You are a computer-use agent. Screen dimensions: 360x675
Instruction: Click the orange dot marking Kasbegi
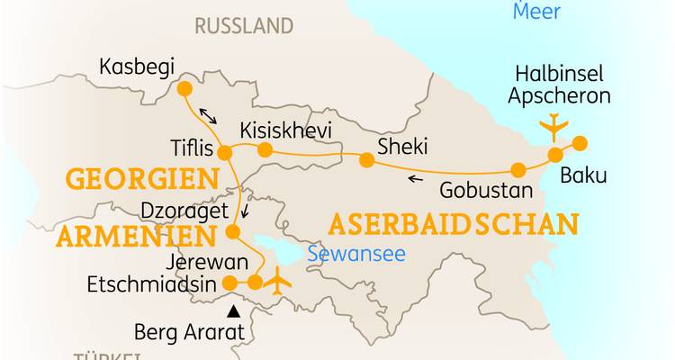pyautogui.click(x=184, y=88)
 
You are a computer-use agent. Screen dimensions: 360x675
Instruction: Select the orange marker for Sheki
pyautogui.click(x=366, y=160)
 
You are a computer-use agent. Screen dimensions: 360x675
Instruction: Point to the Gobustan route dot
pyautogui.click(x=518, y=169)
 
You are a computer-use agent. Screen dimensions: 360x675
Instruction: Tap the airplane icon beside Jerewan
pyautogui.click(x=281, y=279)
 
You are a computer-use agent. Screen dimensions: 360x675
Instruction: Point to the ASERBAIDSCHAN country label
pyautogui.click(x=453, y=223)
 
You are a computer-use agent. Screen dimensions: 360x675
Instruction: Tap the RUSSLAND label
pyautogui.click(x=244, y=25)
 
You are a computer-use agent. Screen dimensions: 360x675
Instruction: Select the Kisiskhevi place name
pyautogui.click(x=285, y=130)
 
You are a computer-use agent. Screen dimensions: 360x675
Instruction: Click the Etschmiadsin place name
pyautogui.click(x=151, y=284)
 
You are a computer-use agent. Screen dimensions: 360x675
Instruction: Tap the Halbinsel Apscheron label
pyautogui.click(x=558, y=85)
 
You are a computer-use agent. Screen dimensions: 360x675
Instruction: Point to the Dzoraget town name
pyautogui.click(x=178, y=209)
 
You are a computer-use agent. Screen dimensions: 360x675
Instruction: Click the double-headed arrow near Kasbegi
pyautogui.click(x=208, y=116)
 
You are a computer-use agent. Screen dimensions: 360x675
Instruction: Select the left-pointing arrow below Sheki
pyautogui.click(x=415, y=179)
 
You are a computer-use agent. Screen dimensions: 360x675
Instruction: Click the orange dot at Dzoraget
pyautogui.click(x=232, y=232)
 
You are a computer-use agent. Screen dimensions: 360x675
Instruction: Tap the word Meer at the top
pyautogui.click(x=536, y=12)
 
